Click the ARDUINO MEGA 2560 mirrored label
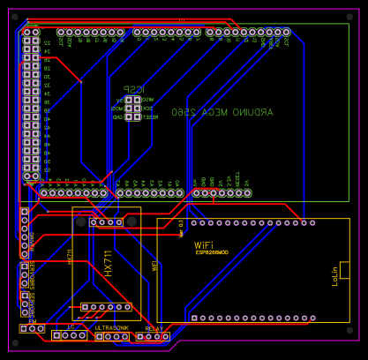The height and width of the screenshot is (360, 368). [222, 112]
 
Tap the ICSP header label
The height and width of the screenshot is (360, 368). [131, 89]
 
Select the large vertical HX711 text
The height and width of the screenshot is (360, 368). [109, 264]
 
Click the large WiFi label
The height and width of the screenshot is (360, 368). [204, 245]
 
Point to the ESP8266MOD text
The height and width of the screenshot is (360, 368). [212, 252]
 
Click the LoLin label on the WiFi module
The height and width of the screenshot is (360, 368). [334, 276]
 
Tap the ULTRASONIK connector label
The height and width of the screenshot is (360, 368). [111, 327]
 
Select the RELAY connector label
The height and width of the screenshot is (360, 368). [154, 328]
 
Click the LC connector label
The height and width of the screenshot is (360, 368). [71, 326]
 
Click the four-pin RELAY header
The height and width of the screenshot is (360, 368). [153, 336]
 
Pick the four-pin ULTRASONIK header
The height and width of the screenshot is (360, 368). [112, 336]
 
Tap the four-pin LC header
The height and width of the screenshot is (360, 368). [69, 335]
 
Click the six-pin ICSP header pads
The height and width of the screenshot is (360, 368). [132, 108]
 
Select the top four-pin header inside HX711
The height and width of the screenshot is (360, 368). [106, 222]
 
